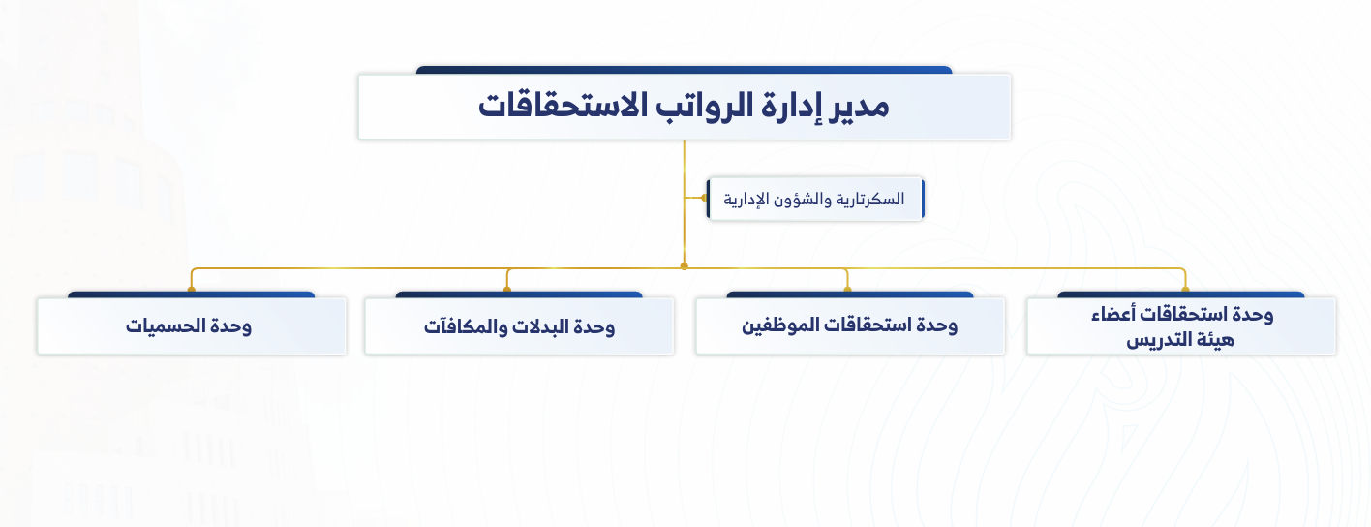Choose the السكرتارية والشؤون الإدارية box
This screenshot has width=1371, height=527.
click(x=815, y=199)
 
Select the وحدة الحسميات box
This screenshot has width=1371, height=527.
click(x=192, y=326)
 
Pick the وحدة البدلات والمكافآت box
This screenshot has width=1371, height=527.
click(x=519, y=326)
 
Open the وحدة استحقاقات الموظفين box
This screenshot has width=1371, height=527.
click(x=850, y=326)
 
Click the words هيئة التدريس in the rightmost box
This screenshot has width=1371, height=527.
click(x=1180, y=339)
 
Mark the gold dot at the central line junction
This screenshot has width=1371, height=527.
click(x=685, y=266)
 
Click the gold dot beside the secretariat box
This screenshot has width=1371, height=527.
click(x=704, y=198)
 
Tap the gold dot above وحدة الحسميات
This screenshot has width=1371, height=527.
click(x=192, y=290)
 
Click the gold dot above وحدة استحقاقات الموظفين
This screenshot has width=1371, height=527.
click(x=848, y=290)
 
